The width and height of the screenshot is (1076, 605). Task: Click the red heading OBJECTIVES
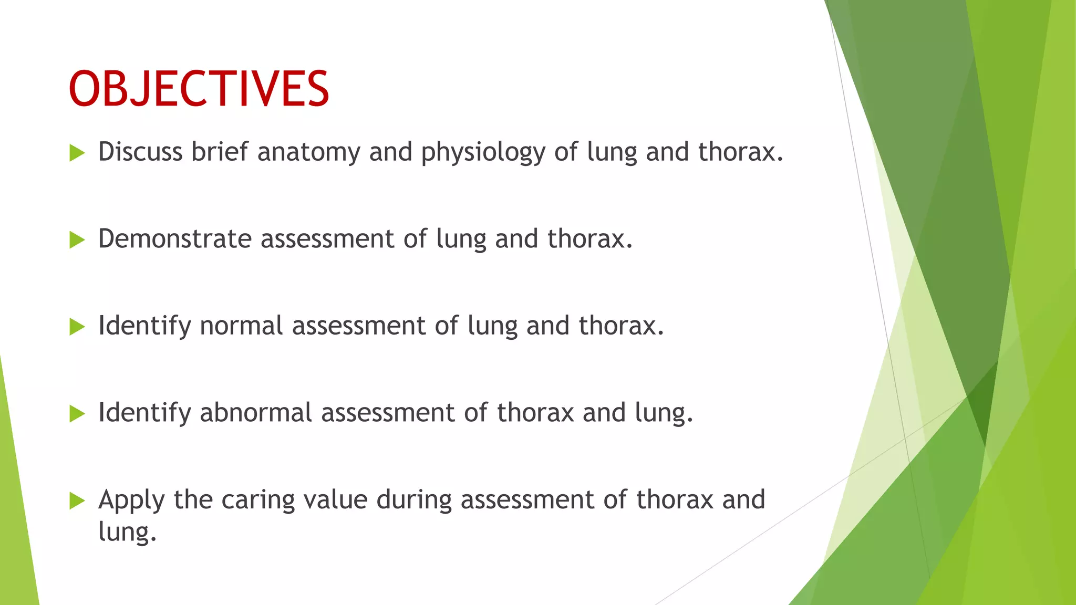point(199,89)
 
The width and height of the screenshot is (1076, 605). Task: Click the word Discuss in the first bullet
point(140,152)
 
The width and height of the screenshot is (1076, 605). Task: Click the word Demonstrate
point(175,239)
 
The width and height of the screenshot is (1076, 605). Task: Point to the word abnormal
point(256,413)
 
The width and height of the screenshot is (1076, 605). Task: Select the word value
point(335,499)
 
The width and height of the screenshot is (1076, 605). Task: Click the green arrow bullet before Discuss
point(77,153)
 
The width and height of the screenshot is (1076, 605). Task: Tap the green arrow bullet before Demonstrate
point(77,241)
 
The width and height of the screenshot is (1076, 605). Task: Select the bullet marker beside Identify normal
point(77,327)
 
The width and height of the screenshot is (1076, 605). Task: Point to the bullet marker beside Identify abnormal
point(77,414)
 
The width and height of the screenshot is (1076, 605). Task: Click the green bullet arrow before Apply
point(77,501)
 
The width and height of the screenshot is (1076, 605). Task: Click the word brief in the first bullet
point(219,152)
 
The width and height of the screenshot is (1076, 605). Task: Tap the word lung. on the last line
point(127,532)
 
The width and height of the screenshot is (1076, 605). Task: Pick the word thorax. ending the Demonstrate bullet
point(589,239)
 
